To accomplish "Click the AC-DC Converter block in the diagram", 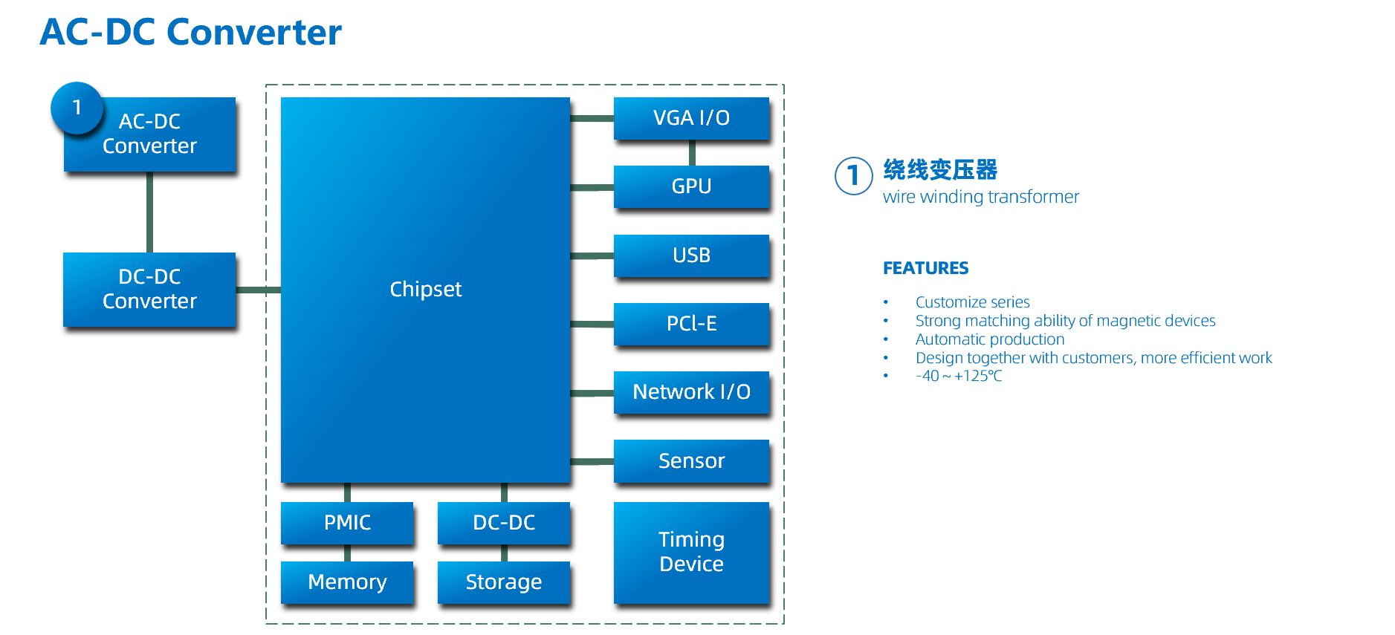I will [150, 134].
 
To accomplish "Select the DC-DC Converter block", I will [150, 289].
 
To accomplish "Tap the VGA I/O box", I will [691, 118].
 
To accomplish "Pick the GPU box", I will [691, 186].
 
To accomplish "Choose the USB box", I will [691, 255].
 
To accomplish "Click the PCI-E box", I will [691, 324].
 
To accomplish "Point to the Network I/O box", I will [691, 392].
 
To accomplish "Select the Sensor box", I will [691, 461].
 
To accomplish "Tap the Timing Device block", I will [691, 552].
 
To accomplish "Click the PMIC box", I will [347, 523].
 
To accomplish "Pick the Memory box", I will [347, 582].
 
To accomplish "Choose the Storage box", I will [504, 582].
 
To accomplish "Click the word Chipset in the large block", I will [425, 289].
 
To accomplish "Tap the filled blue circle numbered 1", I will [77, 108].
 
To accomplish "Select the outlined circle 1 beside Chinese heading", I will [853, 176].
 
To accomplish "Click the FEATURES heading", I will [925, 268].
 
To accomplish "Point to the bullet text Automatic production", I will [989, 339].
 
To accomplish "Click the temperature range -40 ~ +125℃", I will [958, 376].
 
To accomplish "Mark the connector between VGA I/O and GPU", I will [692, 153].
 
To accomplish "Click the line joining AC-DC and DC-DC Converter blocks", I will [149, 212].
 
